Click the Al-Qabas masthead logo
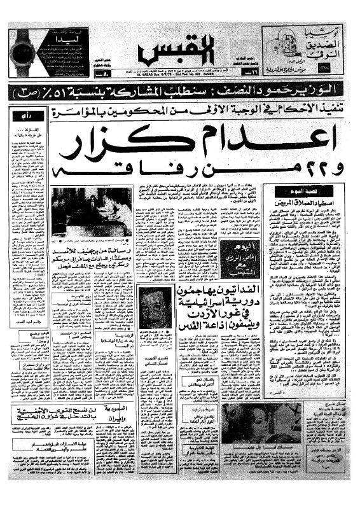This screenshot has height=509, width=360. [177, 49]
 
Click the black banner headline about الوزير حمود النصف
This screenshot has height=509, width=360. [180, 90]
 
